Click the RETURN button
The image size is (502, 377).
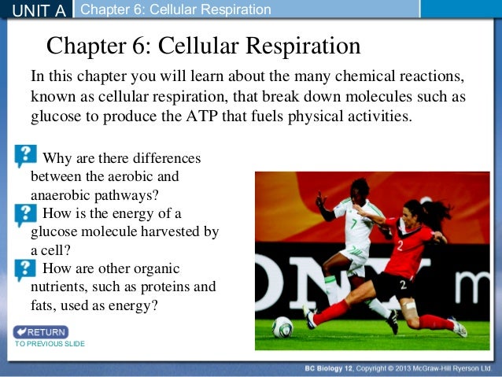[x=41, y=332]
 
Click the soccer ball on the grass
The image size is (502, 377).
[x=282, y=327]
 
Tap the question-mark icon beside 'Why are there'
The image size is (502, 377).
[x=25, y=156]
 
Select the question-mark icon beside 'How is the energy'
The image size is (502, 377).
[x=25, y=213]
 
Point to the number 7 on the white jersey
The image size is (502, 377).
[x=353, y=223]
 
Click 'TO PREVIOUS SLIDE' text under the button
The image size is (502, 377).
[x=49, y=344]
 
